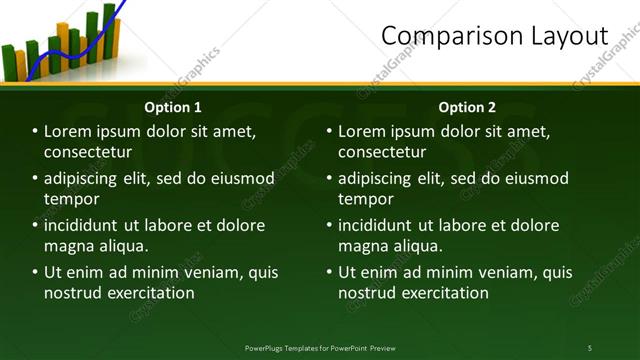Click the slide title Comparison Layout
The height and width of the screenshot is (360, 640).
(x=494, y=37)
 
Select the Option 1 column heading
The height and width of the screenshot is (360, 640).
(x=173, y=107)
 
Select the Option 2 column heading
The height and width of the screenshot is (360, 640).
(x=467, y=107)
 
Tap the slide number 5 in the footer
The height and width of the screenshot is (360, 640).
(x=590, y=347)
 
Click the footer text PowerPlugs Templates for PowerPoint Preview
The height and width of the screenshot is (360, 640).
(x=320, y=347)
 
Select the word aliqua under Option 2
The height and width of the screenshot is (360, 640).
(x=424, y=246)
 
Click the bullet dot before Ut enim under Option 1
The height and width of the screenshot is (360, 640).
(x=35, y=272)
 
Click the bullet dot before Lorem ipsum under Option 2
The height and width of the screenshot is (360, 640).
(x=329, y=131)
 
